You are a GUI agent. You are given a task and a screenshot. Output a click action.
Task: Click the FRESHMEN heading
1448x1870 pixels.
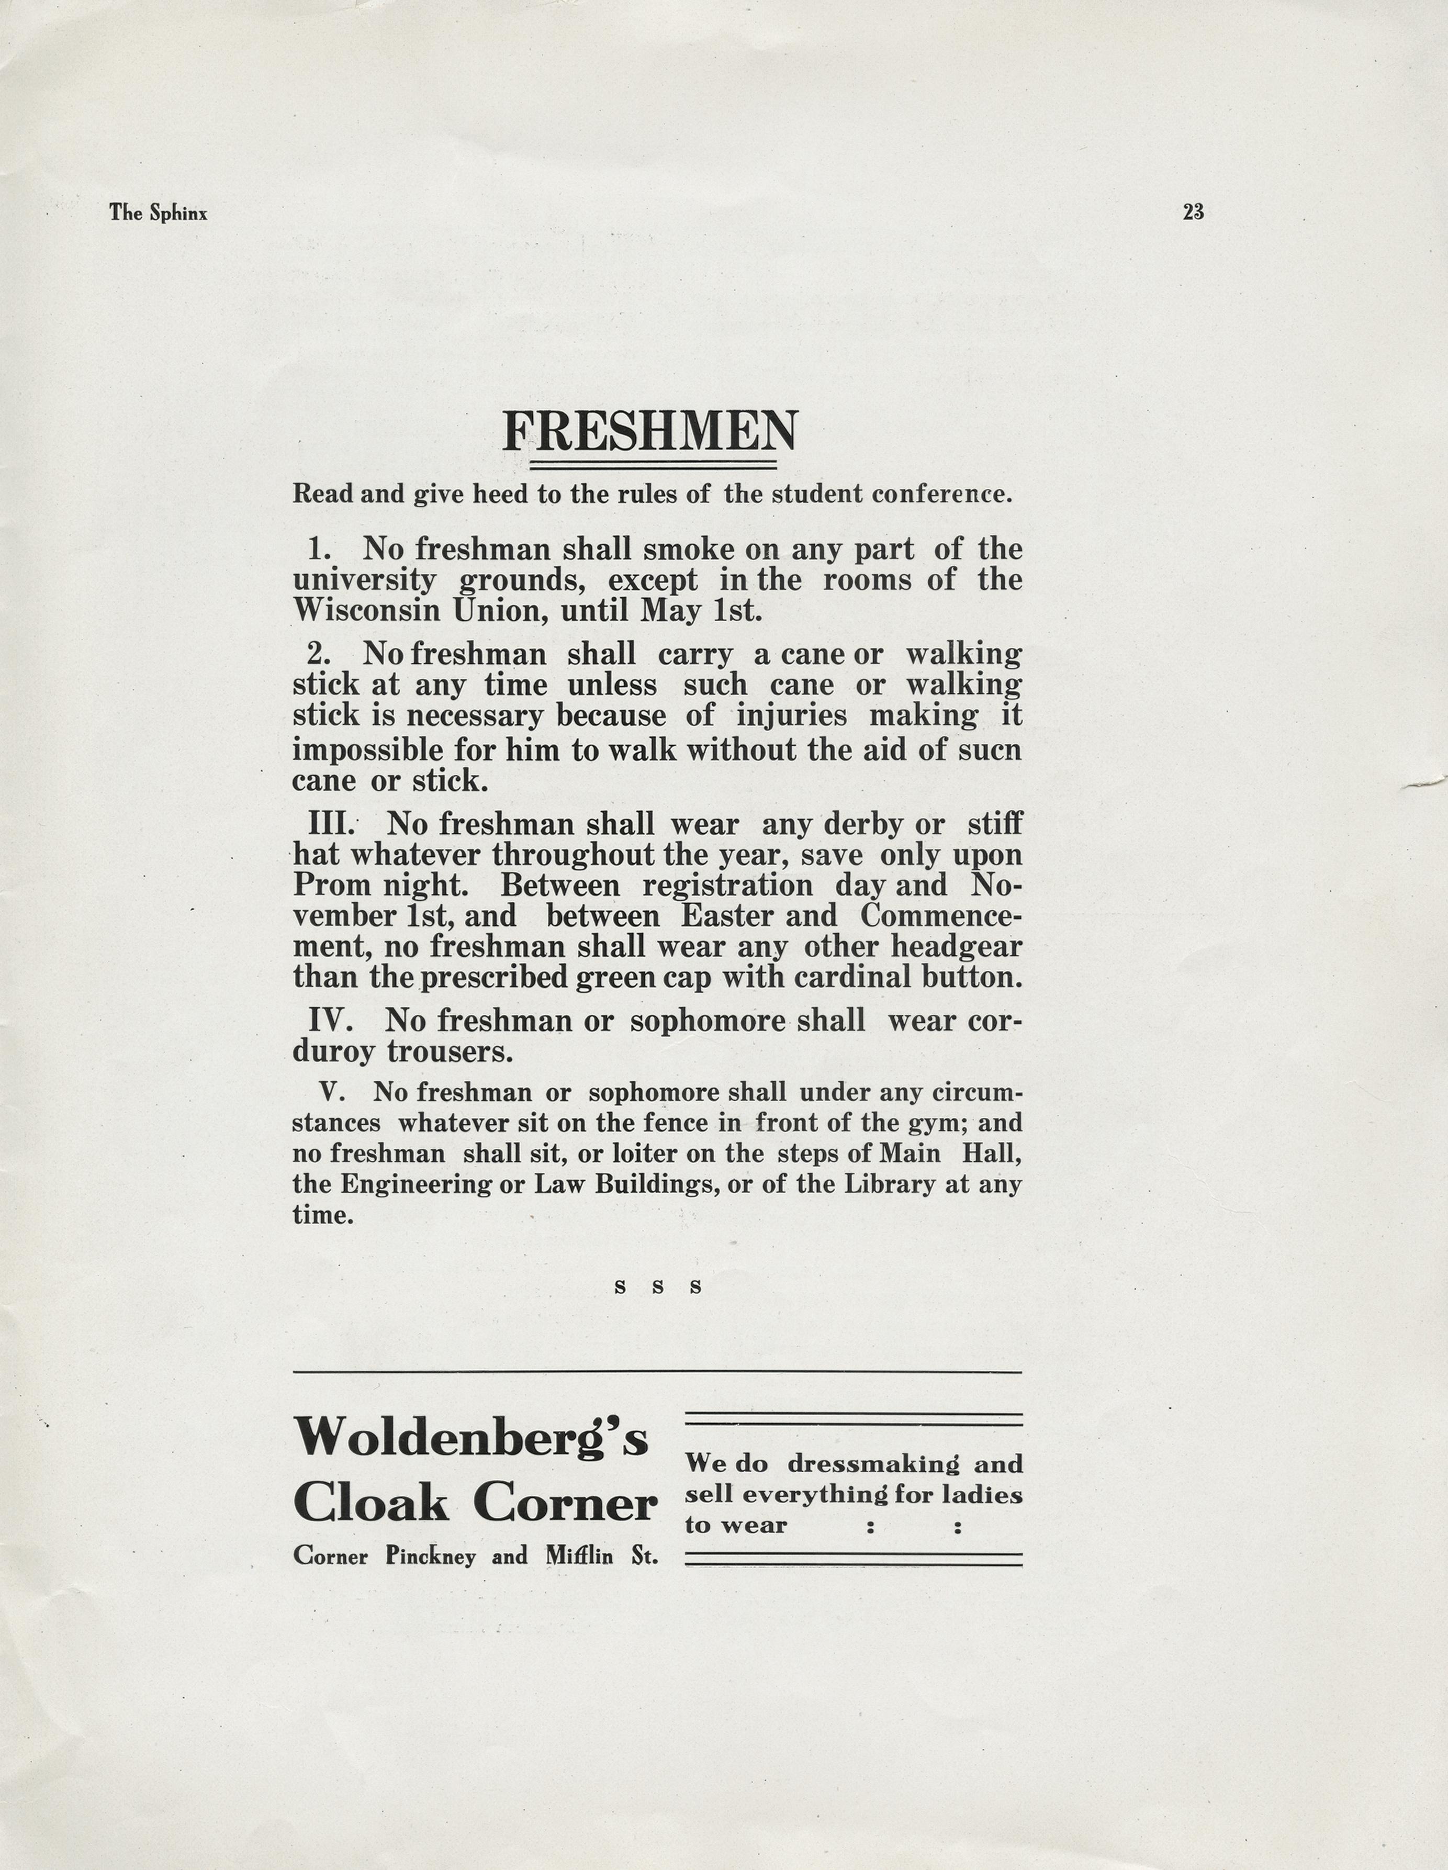point(650,432)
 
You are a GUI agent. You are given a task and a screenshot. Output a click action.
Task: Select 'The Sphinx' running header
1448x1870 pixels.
point(159,213)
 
